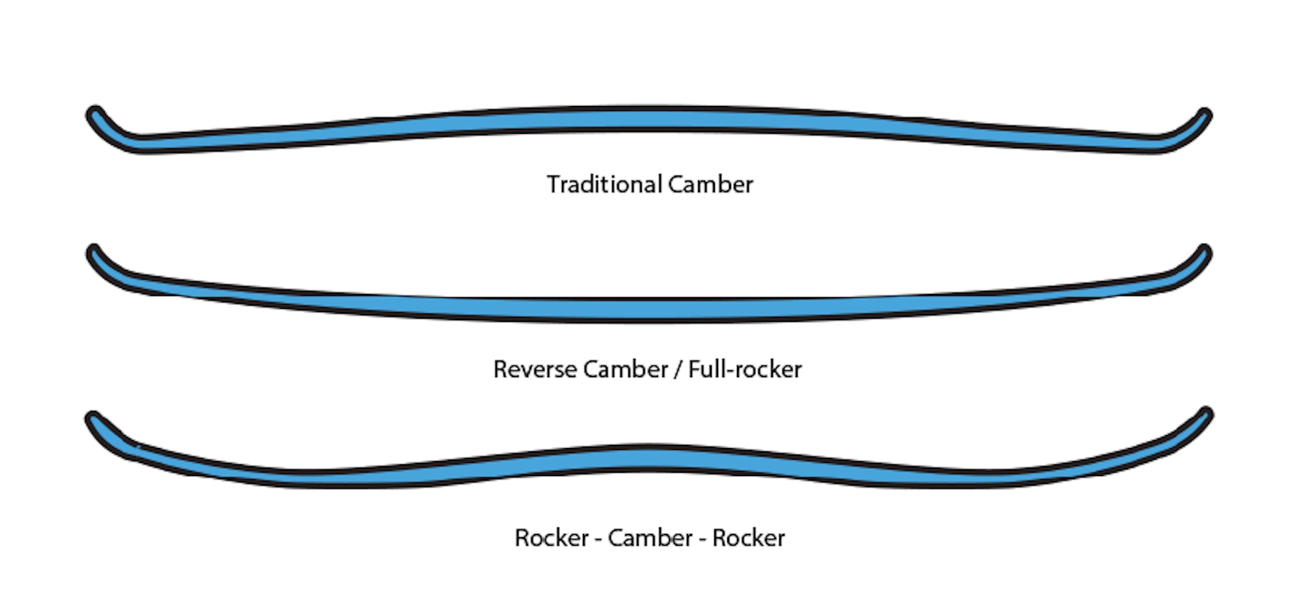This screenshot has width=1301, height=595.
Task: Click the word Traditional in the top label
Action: [604, 185]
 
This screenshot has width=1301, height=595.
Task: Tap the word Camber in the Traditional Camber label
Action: [710, 185]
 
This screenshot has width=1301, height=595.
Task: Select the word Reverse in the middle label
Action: [535, 369]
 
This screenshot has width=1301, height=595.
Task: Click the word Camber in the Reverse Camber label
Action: [626, 369]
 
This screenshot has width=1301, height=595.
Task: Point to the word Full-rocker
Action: [745, 369]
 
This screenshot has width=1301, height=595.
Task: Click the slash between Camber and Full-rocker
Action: [678, 370]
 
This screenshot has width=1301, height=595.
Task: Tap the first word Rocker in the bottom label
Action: [552, 538]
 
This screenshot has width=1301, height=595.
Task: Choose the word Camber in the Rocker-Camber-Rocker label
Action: [650, 538]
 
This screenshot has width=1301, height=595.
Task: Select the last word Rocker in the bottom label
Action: [749, 538]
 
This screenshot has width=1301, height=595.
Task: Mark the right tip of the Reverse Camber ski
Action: [1204, 254]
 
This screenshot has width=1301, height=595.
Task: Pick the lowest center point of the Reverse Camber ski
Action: [650, 310]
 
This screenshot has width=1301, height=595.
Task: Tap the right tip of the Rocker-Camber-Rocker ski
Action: [1205, 416]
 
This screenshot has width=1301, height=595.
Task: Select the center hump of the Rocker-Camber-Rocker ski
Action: [650, 458]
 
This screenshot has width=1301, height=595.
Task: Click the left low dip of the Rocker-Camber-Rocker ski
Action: [312, 478]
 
